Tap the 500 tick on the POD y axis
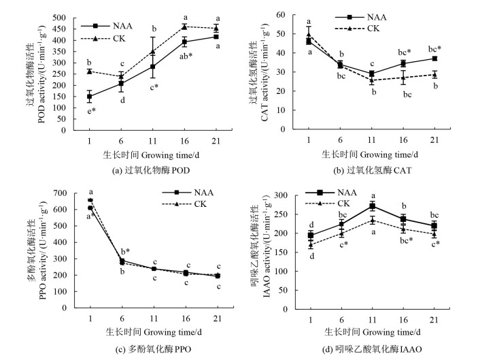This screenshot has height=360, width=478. tap(66, 18)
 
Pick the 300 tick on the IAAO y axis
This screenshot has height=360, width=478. tap(284, 195)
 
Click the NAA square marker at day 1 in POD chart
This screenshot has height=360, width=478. tap(90, 97)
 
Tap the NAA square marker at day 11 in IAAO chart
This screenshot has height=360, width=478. tap(373, 206)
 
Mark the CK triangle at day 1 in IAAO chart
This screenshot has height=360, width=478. tap(311, 244)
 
